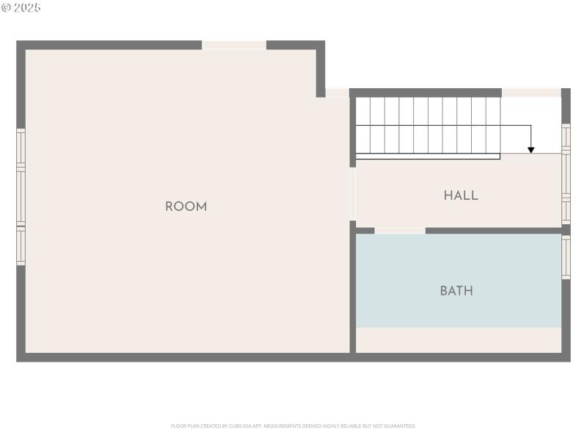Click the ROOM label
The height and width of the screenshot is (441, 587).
click(x=186, y=207)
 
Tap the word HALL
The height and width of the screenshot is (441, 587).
click(x=461, y=196)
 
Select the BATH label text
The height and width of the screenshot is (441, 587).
click(x=456, y=290)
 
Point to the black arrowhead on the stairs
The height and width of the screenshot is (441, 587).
click(x=531, y=149)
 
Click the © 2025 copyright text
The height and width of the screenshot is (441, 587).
click(x=21, y=7)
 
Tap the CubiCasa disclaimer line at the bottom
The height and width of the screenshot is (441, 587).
click(x=293, y=426)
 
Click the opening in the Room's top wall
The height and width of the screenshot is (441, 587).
click(x=234, y=46)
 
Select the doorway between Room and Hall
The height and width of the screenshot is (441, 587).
click(x=352, y=193)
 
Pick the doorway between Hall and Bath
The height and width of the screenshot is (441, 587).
click(x=400, y=231)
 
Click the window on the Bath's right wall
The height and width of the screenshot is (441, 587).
click(x=566, y=257)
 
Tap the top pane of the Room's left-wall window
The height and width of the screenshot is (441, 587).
click(x=21, y=149)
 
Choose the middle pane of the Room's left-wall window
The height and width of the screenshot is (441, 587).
click(x=21, y=197)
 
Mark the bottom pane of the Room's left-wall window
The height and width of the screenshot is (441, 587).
click(x=21, y=245)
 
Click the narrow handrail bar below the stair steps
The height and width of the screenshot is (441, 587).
click(x=428, y=156)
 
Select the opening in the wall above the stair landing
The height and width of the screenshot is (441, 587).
click(x=531, y=93)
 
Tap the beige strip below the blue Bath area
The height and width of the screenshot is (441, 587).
click(x=459, y=340)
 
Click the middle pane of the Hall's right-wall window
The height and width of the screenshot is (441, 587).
click(x=566, y=176)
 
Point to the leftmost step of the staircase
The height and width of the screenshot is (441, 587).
click(x=362, y=125)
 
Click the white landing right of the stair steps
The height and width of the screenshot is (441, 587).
click(x=531, y=125)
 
